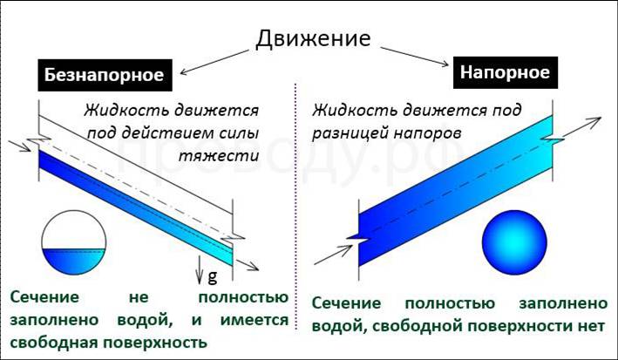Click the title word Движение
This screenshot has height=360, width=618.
pyautogui.click(x=313, y=39)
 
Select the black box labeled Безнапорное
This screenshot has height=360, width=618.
pyautogui.click(x=105, y=75)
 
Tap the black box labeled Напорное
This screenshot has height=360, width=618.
pyautogui.click(x=506, y=72)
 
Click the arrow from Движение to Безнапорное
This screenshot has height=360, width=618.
pyautogui.click(x=214, y=62)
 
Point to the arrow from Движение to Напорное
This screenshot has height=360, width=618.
pyautogui.click(x=415, y=56)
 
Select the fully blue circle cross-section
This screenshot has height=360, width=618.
pyautogui.click(x=514, y=242)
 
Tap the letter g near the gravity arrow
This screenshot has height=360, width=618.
pyautogui.click(x=212, y=276)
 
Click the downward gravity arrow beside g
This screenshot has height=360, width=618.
pyautogui.click(x=200, y=269)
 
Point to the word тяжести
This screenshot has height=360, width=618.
pyautogui.click(x=219, y=156)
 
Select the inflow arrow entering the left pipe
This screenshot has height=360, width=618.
pyautogui.click(x=20, y=146)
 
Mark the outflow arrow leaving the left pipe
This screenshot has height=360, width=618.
pyautogui.click(x=248, y=265)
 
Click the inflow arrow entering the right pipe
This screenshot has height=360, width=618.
pyautogui.click(x=333, y=255)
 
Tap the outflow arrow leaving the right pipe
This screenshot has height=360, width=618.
pyautogui.click(x=581, y=126)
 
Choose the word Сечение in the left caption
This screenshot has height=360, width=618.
pyautogui.click(x=44, y=297)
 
